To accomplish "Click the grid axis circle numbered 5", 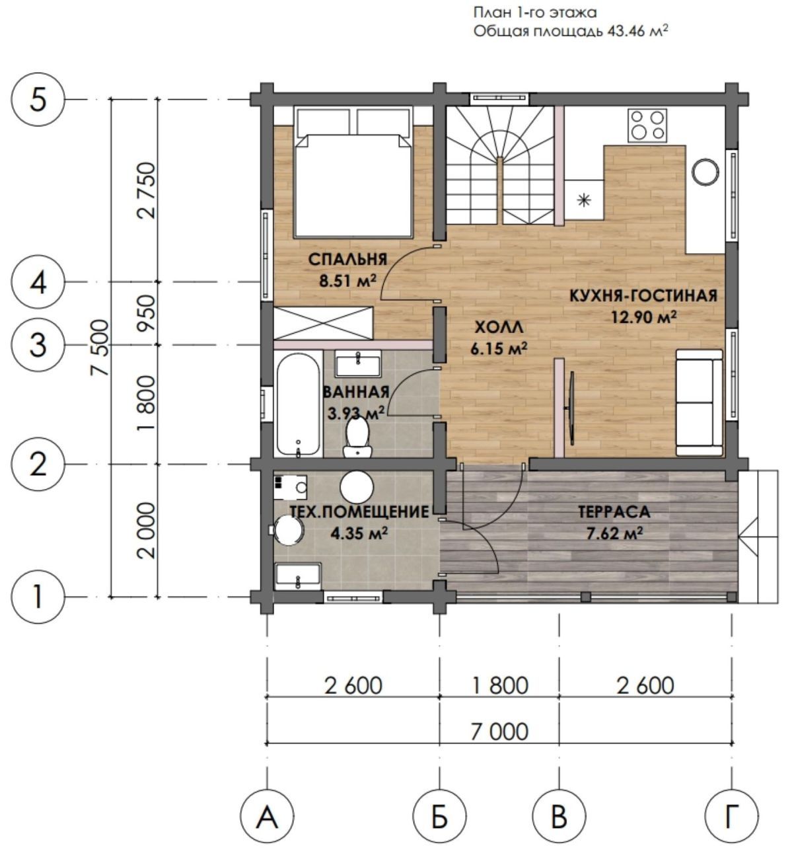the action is (38, 100).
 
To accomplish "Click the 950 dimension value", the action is (148, 313).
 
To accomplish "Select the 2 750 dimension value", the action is (148, 190).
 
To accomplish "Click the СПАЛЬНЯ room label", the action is (347, 259).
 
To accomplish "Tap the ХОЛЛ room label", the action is (499, 328).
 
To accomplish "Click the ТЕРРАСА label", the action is (614, 512).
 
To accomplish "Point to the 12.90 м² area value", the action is (644, 317).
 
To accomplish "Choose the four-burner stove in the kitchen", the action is (647, 125).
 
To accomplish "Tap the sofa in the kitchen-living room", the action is (700, 402).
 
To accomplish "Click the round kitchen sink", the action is (705, 172).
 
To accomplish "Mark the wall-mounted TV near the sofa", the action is (571, 408).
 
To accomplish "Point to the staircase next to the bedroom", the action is (500, 166).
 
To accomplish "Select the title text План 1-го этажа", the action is (535, 12).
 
